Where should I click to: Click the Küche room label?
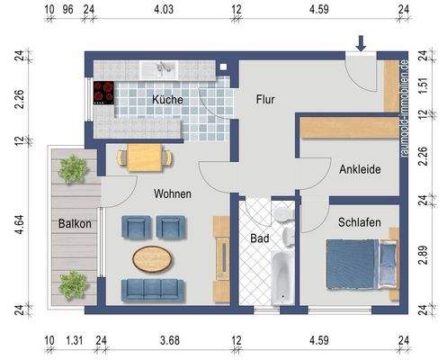[x=167, y=100]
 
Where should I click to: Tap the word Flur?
[x=264, y=100]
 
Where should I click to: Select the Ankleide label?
[x=360, y=168]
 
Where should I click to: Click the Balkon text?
[x=76, y=224]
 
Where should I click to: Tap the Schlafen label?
[x=359, y=221]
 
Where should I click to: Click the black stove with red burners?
[x=104, y=93]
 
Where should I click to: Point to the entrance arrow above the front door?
[x=360, y=43]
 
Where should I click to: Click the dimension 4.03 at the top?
[x=163, y=11]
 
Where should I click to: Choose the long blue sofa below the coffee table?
[x=153, y=290]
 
